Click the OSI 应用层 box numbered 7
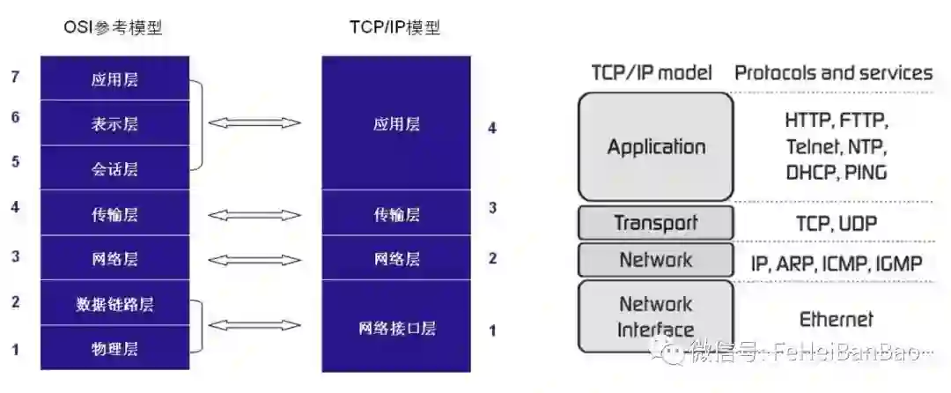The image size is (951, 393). pos(114,79)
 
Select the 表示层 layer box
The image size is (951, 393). pos(114,124)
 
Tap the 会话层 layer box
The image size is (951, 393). pos(114,168)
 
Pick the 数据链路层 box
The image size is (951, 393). pos(114,305)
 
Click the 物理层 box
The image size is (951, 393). pos(114,349)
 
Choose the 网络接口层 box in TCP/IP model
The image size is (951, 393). pos(396,328)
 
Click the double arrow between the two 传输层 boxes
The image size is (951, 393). pos(254,214)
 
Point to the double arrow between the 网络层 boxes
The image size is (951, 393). pos(254,259)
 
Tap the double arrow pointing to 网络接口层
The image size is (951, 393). pos(254,326)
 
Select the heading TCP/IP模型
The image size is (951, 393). pos(394,29)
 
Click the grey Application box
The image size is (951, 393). pos(656,146)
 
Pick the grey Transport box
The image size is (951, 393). pos(656,223)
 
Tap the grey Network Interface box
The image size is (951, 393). pos(656,316)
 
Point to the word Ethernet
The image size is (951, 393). pos(836,319)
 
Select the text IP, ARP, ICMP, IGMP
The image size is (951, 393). pos(836,263)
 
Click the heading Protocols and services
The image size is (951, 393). pos(833,72)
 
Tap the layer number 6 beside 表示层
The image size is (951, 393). pos(16,116)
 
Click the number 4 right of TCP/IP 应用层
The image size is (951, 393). pos(492,128)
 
